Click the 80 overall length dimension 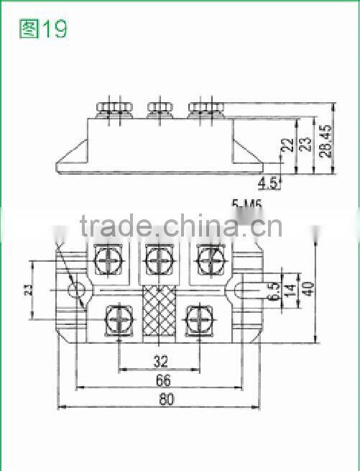(168, 399)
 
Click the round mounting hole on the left (75, 290)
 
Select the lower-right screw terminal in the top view (197, 319)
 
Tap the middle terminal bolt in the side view (160, 109)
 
